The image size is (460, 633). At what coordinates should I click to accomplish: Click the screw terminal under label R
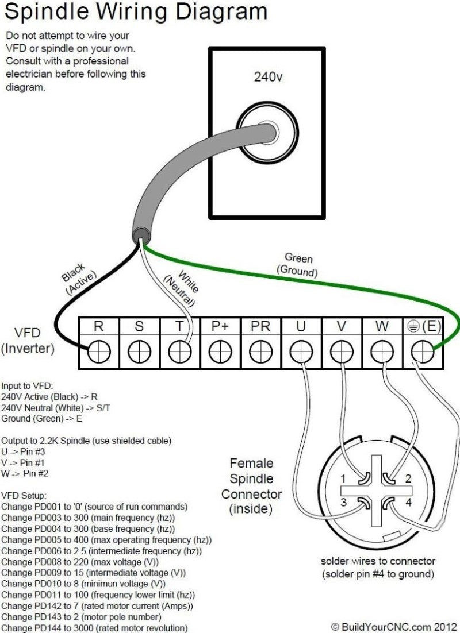98,350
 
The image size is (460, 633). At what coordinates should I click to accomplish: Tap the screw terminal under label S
139,350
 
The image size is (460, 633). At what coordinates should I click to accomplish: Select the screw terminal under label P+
220,350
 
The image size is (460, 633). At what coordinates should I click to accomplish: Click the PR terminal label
260,327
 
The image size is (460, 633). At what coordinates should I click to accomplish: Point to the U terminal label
301,327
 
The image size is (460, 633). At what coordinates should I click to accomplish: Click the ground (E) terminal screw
423,350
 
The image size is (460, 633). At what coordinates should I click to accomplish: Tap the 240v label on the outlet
267,76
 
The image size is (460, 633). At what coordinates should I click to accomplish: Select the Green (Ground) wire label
298,264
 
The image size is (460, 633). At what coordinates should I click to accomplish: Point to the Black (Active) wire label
77,279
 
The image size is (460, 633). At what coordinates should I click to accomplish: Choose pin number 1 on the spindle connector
343,478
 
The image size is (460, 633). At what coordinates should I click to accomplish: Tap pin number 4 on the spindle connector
409,503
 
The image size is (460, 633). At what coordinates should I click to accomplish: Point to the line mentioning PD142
97,605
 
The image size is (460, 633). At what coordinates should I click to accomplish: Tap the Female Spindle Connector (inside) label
251,486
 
